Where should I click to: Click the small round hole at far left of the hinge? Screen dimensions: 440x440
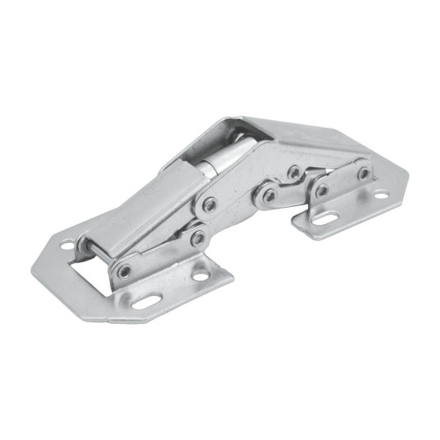67,247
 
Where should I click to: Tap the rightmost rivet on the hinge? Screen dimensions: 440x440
363,173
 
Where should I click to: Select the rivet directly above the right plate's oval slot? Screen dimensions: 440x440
322,189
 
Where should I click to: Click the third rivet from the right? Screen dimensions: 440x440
293,172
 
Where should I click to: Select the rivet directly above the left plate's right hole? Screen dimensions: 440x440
198,238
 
